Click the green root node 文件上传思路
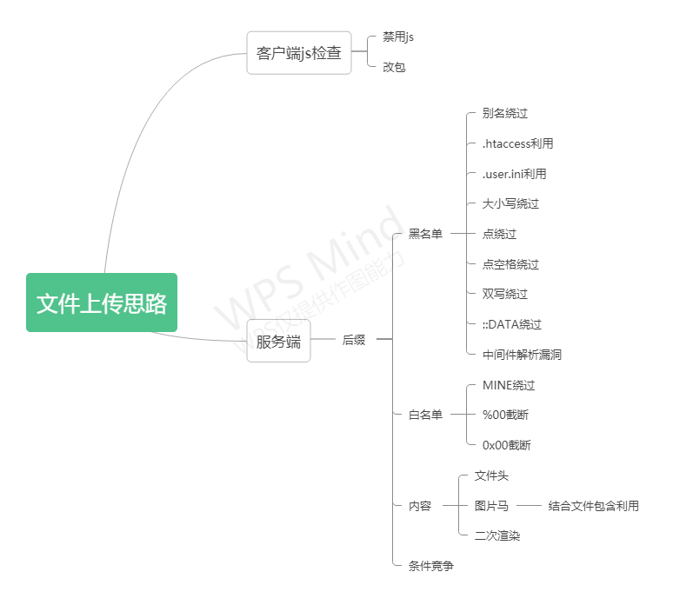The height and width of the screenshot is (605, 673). pos(102,302)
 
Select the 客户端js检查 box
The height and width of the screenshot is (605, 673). pos(299,53)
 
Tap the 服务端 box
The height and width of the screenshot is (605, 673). pos(278,341)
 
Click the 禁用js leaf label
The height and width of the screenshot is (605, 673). pos(398,37)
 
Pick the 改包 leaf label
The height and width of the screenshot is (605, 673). pos(394,67)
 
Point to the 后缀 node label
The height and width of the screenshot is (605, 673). pos(354,341)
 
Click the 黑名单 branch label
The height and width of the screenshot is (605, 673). pos(425,234)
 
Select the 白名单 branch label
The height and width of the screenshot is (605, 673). pos(425,415)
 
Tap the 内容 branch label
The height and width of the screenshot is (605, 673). pos(420,506)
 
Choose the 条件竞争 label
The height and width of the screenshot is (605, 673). pos(431,566)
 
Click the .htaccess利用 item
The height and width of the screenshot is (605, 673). pos(517,143)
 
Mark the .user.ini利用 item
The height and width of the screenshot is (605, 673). pos(514,174)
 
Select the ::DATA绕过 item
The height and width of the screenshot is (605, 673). pos(511,324)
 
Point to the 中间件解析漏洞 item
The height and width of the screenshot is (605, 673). pos(522,355)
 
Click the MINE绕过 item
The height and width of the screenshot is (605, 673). pos(509,385)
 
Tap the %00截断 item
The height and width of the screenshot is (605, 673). pos(506,415)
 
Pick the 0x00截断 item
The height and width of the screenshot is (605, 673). pos(506,445)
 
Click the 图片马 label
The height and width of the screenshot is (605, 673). pos(491,506)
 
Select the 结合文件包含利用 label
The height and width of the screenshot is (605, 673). pos(593,506)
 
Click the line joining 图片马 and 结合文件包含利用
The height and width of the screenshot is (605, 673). pos(529,506)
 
